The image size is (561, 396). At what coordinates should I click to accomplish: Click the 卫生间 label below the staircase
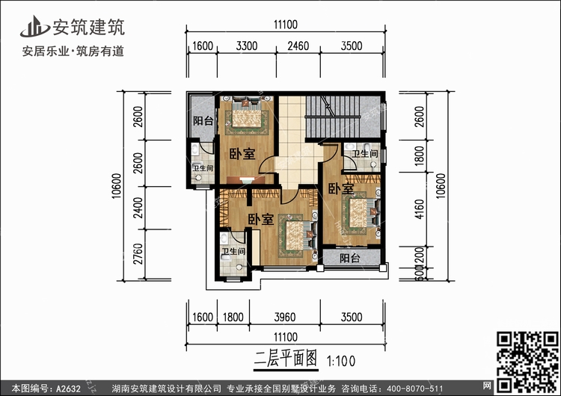[x=364, y=154]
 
